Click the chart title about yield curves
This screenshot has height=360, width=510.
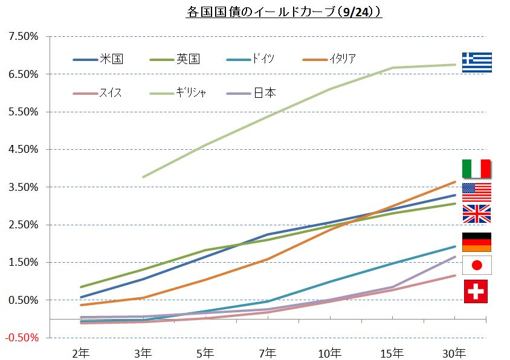coord(283,11)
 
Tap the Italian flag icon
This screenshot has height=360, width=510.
coord(476,169)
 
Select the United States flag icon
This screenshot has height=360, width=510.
coord(476,192)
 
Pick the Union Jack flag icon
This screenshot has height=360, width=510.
coord(476,214)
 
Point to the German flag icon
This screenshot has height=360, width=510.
coord(476,242)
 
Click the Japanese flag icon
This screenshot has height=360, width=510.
coord(476,265)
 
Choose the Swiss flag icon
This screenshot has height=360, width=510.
coord(476,291)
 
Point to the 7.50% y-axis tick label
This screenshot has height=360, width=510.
coord(24,37)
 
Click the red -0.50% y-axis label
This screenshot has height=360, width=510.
coord(23,337)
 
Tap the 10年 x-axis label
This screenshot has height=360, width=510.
coord(330,352)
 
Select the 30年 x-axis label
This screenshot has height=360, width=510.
coord(454,352)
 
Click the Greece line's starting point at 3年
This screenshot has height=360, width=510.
coord(143,177)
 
